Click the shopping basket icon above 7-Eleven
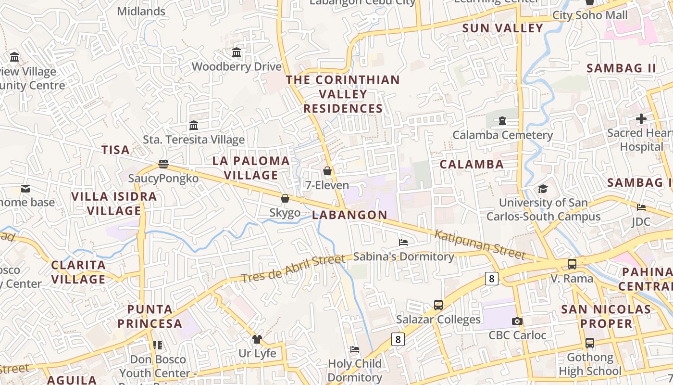[327, 171]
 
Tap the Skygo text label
[285, 213]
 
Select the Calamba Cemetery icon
[502, 121]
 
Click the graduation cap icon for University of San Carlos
[543, 188]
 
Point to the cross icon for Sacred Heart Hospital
[641, 118]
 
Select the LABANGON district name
[349, 215]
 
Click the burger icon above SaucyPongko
[163, 164]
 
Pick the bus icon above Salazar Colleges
[438, 305]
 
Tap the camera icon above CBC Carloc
[517, 321]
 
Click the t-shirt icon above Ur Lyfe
[257, 339]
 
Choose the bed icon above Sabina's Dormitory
[403, 242]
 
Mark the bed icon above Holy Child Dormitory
[355, 349]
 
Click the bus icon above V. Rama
[572, 264]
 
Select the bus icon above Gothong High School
[590, 343]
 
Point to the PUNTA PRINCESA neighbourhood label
[150, 316]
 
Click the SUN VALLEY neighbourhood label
[503, 28]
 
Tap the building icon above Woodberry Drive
[237, 52]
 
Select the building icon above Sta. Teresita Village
[194, 125]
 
